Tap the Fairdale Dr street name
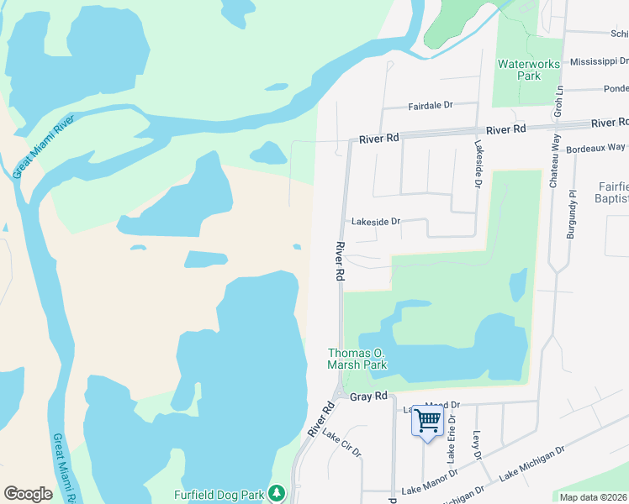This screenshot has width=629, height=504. pyautogui.click(x=431, y=106)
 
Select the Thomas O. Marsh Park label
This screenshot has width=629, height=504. pyautogui.click(x=357, y=360)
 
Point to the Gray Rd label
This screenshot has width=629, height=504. pyautogui.click(x=368, y=396)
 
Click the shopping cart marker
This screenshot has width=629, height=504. pyautogui.click(x=428, y=419)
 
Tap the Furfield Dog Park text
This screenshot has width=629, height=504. pyautogui.click(x=219, y=495)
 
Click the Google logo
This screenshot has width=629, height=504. pyautogui.click(x=28, y=494)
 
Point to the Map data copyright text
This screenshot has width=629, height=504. pyautogui.click(x=593, y=496)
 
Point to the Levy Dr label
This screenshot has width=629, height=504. pyautogui.click(x=476, y=444)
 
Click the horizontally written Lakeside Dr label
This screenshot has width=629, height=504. pyautogui.click(x=375, y=222)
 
